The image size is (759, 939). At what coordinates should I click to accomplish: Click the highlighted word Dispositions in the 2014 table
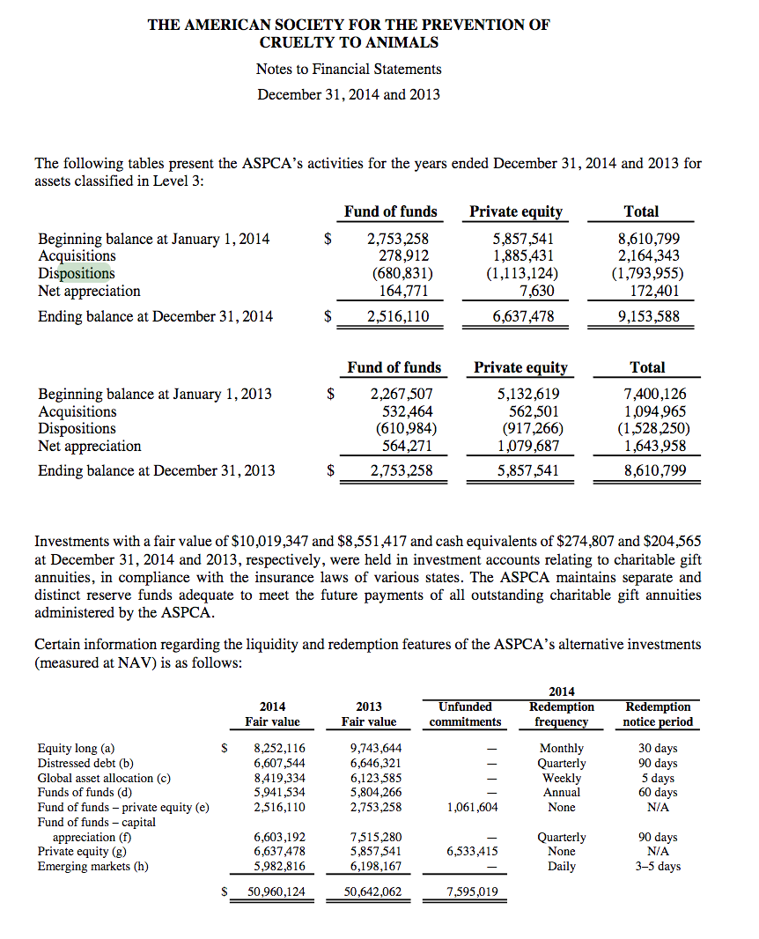76,273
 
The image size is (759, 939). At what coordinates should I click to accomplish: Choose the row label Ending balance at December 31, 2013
156,470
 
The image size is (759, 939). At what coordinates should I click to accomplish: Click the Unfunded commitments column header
465,713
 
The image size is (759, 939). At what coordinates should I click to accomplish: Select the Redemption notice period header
658,713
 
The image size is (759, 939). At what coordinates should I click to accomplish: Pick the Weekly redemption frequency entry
562,778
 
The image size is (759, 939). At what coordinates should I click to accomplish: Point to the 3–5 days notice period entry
658,866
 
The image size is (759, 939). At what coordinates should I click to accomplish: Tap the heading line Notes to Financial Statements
349,69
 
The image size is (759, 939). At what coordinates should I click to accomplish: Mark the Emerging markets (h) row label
92,866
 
